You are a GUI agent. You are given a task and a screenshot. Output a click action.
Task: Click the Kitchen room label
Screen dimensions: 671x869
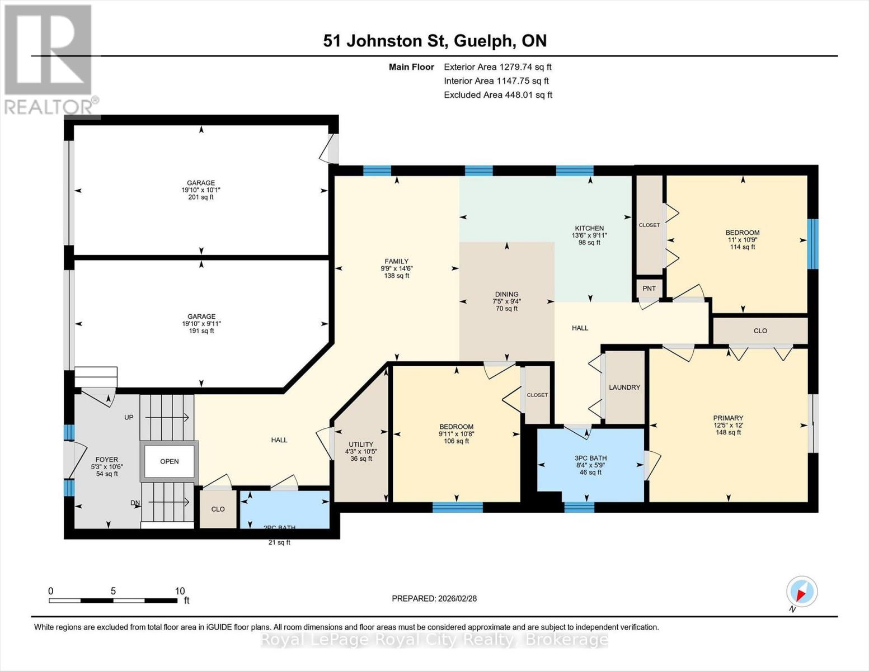[x=589, y=228]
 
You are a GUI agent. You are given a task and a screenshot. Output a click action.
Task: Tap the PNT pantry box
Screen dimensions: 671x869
[x=649, y=289]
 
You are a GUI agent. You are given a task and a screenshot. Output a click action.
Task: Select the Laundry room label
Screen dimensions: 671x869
[x=624, y=387]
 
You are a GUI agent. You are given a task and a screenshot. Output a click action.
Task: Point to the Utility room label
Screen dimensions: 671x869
[x=361, y=445]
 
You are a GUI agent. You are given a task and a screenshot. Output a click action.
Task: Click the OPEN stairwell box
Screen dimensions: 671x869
[x=170, y=461]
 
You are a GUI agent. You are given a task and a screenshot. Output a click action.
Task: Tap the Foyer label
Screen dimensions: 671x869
[x=106, y=460]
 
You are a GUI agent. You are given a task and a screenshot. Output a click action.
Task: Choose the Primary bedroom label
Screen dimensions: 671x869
[x=728, y=418]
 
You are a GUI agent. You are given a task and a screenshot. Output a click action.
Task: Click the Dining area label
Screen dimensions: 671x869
[x=506, y=294]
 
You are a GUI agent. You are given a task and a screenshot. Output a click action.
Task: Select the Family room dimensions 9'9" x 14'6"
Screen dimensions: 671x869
[x=396, y=268]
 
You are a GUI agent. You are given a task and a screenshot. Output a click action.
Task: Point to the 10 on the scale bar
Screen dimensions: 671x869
[x=180, y=591]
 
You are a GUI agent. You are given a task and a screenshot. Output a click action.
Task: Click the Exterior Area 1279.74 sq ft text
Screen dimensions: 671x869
[x=497, y=67]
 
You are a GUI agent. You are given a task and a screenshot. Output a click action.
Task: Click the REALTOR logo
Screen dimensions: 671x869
[x=49, y=59]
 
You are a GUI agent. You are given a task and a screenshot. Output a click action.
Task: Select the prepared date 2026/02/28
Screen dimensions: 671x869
[x=434, y=598]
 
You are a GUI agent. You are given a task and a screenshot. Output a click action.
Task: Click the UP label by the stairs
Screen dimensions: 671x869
[x=129, y=417]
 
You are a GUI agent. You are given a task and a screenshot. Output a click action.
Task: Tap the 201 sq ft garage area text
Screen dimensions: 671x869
[x=201, y=197]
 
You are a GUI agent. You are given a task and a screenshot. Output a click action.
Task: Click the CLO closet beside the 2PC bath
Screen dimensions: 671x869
[x=218, y=509]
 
